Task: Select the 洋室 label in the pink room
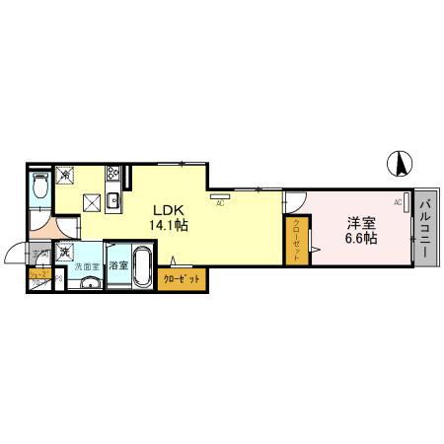[359, 223]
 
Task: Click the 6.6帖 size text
[359, 239]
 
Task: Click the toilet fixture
[39, 185]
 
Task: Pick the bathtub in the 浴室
[138, 265]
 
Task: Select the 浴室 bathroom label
[115, 265]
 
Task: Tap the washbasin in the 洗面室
[88, 284]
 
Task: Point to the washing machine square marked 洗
[64, 253]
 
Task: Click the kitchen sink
[113, 201]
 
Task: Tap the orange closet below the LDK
[182, 280]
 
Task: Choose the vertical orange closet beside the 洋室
[297, 240]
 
